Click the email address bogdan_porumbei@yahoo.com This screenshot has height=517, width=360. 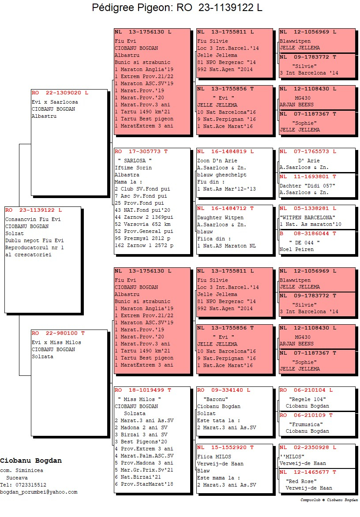39,492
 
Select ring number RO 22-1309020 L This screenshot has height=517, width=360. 60,93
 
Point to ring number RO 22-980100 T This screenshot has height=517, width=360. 58,333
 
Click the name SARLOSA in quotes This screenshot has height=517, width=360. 135,161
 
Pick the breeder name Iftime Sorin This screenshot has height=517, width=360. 133,168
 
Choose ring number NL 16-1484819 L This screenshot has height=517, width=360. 225,151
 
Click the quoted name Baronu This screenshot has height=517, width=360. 216,399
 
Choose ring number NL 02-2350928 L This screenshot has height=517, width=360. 308,447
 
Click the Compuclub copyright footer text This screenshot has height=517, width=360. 329,500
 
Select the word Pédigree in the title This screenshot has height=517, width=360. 113,7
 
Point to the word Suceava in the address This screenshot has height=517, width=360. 17,478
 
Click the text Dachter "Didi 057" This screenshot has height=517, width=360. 307,186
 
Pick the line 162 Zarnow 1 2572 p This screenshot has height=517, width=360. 144,245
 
